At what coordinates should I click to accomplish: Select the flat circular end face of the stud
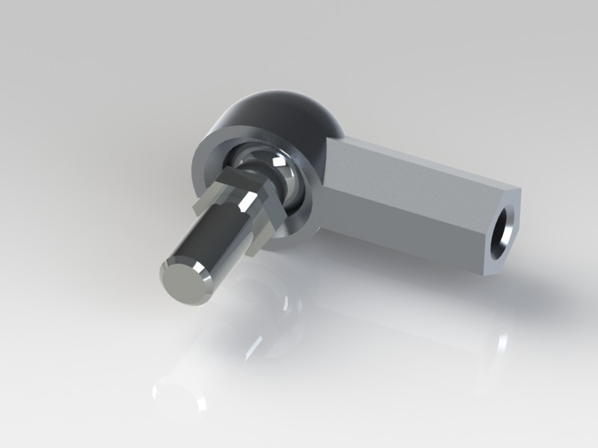(x=182, y=281)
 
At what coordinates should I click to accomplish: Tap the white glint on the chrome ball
(x=278, y=160)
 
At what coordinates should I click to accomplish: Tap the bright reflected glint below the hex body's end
(x=499, y=343)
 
